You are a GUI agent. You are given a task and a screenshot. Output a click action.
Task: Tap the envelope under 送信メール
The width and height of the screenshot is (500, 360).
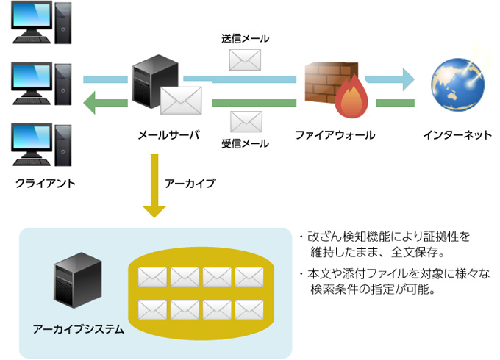[246, 60]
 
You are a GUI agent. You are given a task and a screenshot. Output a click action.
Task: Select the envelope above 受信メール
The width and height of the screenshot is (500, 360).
[246, 120]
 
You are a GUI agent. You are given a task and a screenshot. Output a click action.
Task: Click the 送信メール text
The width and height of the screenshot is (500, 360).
[246, 38]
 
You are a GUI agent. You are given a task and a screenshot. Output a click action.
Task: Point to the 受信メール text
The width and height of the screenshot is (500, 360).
[246, 143]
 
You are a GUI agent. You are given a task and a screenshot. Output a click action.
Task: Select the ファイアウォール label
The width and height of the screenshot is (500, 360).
[335, 135]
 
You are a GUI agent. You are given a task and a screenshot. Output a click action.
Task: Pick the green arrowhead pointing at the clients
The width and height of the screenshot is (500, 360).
[91, 103]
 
